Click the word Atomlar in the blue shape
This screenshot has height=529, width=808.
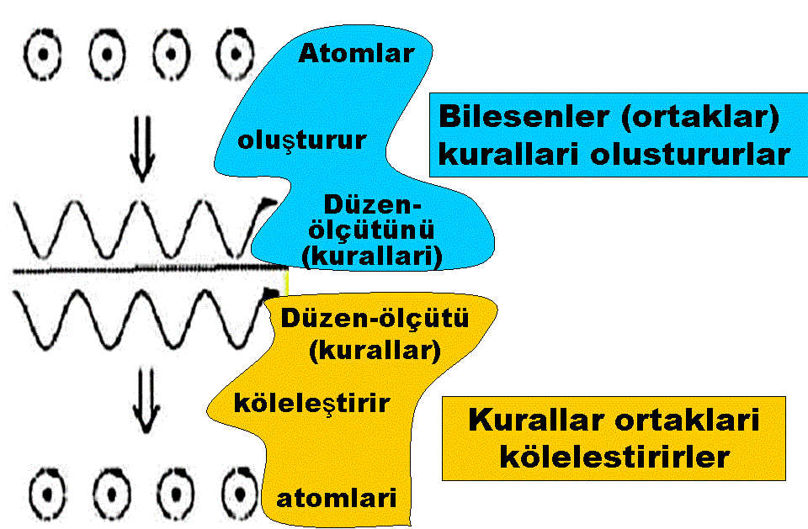(357, 55)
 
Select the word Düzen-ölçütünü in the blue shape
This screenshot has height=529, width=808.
(372, 218)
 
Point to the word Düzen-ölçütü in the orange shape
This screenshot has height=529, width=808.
(375, 320)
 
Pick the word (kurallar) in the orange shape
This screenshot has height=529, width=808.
(375, 350)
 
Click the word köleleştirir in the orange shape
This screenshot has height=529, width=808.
(312, 404)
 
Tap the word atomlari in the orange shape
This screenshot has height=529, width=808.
(337, 496)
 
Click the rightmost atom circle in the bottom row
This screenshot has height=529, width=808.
(238, 489)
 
